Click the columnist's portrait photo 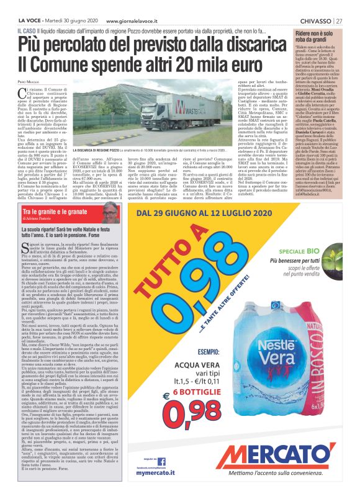[x=111, y=212]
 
